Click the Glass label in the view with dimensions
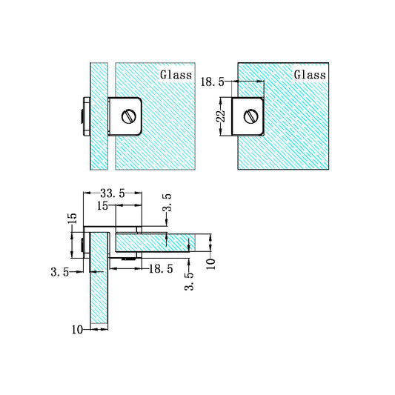309,75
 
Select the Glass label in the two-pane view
175,75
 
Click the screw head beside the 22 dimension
250,115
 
